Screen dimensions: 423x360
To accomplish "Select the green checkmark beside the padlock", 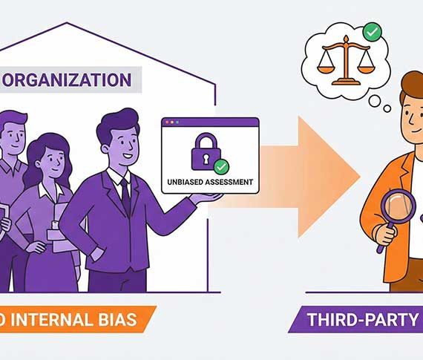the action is (x=221, y=167).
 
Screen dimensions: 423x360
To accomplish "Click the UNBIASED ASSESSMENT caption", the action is (x=210, y=182).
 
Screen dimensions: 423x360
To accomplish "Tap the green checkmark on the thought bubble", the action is (x=373, y=32).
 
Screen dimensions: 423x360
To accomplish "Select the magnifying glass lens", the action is (x=398, y=207).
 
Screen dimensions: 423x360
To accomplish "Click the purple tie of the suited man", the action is (x=125, y=197).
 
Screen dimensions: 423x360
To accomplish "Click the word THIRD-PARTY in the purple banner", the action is (x=363, y=319).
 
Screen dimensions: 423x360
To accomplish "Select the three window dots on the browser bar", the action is (x=172, y=122).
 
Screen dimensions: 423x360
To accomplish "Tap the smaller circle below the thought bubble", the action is (x=387, y=109).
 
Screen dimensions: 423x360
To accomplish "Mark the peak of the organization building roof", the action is (x=67, y=23).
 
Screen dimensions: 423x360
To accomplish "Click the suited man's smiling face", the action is (x=123, y=147).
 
